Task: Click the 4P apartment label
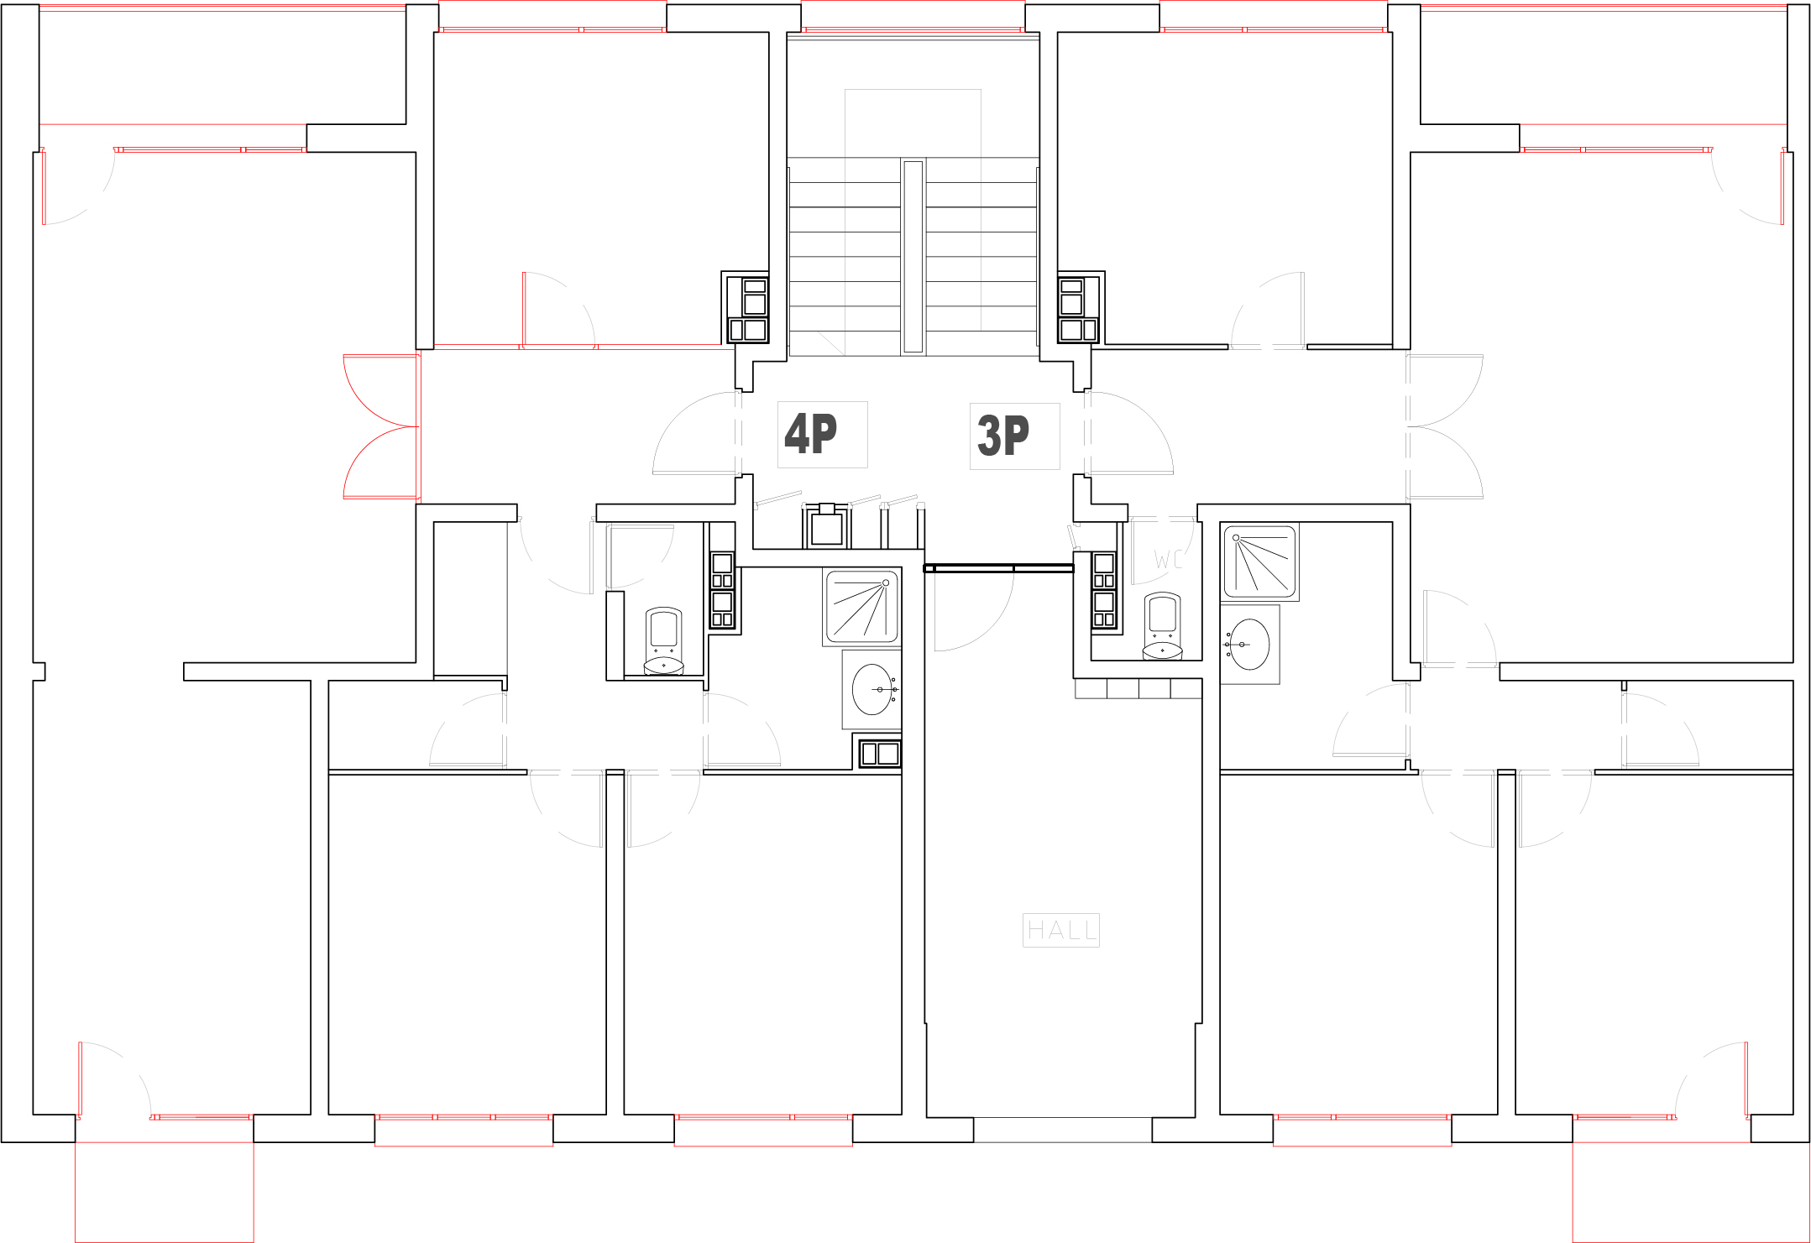(x=811, y=433)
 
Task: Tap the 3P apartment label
(x=1003, y=435)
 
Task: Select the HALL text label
(x=1061, y=930)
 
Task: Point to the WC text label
(x=1168, y=560)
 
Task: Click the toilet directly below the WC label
(x=1163, y=626)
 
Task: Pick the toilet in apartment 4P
(x=663, y=641)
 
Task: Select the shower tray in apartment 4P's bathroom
(x=861, y=607)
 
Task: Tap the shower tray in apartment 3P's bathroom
(x=1260, y=561)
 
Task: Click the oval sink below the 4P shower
(x=873, y=689)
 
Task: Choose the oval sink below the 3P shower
(x=1248, y=645)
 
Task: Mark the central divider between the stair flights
(x=913, y=256)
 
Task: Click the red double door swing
(x=381, y=427)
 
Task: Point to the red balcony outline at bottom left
(x=165, y=1192)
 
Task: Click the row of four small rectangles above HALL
(x=1138, y=688)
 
